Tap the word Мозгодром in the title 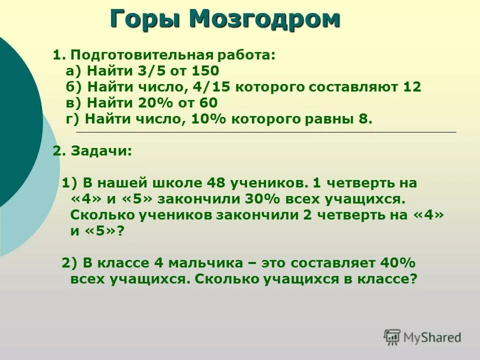pyautogui.click(x=264, y=19)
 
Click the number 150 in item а pyautogui.click(x=205, y=70)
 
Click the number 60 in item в pyautogui.click(x=208, y=103)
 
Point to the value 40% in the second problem pyautogui.click(x=398, y=263)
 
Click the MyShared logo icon pyautogui.click(x=392, y=337)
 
